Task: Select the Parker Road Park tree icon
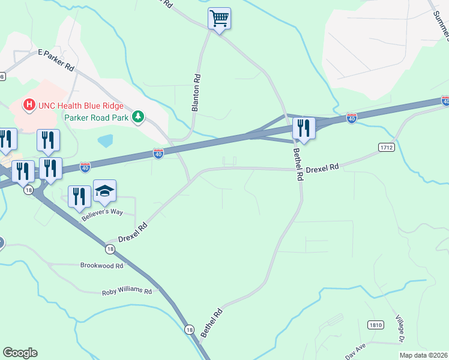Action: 139,116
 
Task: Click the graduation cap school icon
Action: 105,191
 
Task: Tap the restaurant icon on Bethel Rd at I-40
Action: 303,128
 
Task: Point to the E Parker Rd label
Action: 56,61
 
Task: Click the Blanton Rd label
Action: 195,93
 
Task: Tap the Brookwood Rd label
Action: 102,265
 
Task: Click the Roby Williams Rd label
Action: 127,290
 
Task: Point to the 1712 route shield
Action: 386,147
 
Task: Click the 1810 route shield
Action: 375,325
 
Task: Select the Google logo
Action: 20,353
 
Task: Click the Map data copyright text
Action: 423,355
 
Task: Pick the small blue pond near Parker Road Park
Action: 106,141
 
